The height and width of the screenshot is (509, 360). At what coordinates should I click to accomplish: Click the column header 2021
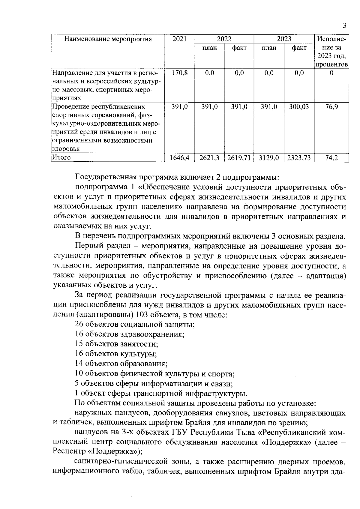(179, 39)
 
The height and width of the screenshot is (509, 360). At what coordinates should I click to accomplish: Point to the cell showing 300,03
(299, 106)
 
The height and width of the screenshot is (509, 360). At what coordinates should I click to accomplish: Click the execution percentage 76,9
(331, 106)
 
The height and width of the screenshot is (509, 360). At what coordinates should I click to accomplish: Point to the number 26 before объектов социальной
(79, 325)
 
